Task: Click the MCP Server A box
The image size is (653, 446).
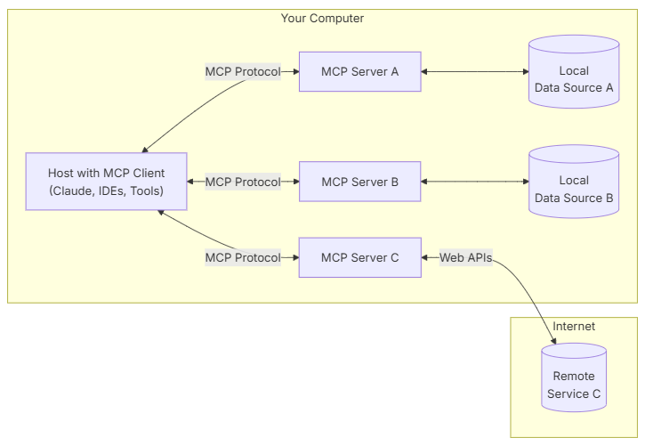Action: tap(359, 71)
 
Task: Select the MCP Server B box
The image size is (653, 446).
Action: tap(359, 182)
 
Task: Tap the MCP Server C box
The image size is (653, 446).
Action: tap(359, 257)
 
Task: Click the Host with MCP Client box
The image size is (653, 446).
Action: tap(106, 182)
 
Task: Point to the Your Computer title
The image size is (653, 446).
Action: tap(322, 18)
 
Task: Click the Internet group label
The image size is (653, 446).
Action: tap(574, 327)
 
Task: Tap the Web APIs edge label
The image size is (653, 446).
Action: tap(465, 257)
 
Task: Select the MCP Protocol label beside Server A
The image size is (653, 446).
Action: tap(243, 71)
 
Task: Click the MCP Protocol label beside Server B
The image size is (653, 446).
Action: tap(243, 182)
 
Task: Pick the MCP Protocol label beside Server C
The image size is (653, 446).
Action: tap(243, 257)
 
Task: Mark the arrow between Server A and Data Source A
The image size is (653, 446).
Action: tap(474, 71)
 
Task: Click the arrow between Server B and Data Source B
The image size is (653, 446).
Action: tap(474, 182)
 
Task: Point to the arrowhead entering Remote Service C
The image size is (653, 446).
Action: tap(554, 340)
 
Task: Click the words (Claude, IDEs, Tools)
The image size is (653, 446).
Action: tap(106, 191)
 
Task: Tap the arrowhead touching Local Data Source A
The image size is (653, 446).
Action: tap(524, 71)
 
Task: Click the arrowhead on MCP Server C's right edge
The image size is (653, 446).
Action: tap(426, 257)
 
